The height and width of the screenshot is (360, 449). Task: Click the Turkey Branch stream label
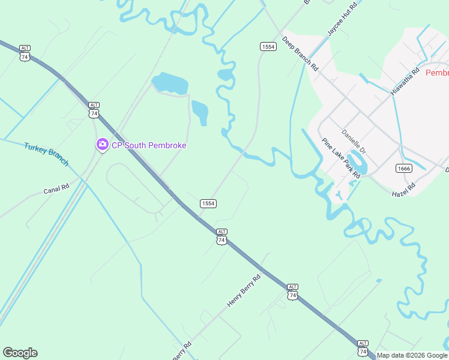click(x=46, y=154)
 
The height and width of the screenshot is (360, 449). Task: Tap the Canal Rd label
click(x=56, y=190)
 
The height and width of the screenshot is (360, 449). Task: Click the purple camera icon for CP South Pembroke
click(x=102, y=145)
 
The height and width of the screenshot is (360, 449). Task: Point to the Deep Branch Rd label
click(x=300, y=55)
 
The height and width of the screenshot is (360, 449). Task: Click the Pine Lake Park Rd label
click(x=340, y=158)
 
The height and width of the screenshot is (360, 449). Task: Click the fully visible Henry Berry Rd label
click(x=244, y=291)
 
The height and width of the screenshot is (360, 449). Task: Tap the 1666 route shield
click(x=403, y=168)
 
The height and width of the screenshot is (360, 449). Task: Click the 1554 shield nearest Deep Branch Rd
click(x=268, y=46)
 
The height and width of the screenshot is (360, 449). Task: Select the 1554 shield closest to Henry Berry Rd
click(x=208, y=203)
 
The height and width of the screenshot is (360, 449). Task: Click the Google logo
click(x=20, y=353)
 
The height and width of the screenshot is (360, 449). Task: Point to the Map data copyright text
click(x=412, y=355)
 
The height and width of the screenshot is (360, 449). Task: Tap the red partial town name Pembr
click(x=436, y=73)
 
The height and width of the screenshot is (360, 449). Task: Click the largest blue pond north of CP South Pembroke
click(x=170, y=83)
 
